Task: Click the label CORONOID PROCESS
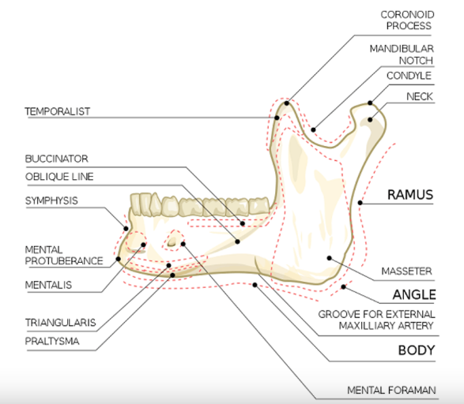click(407, 20)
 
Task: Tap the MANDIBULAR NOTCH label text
click(402, 54)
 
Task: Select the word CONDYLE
click(409, 76)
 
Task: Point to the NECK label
click(420, 96)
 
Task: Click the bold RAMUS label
click(410, 195)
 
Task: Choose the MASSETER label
click(406, 271)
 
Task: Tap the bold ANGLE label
click(414, 295)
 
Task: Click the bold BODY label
click(417, 350)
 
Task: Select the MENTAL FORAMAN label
click(391, 391)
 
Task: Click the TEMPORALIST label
click(58, 111)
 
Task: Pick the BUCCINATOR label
click(57, 159)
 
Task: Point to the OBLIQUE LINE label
click(59, 177)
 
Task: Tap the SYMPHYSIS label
click(51, 201)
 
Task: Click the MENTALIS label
click(48, 285)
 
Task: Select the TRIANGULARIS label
click(60, 323)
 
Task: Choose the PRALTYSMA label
click(52, 342)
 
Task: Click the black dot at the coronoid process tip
click(286, 103)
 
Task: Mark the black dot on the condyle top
click(370, 103)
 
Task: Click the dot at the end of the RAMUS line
click(360, 203)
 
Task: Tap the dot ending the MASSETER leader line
click(329, 258)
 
